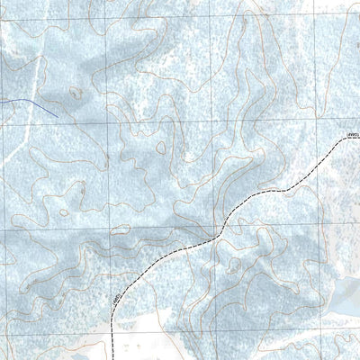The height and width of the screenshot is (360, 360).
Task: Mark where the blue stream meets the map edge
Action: point(1,99)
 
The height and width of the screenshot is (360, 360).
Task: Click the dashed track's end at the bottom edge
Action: point(112,358)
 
